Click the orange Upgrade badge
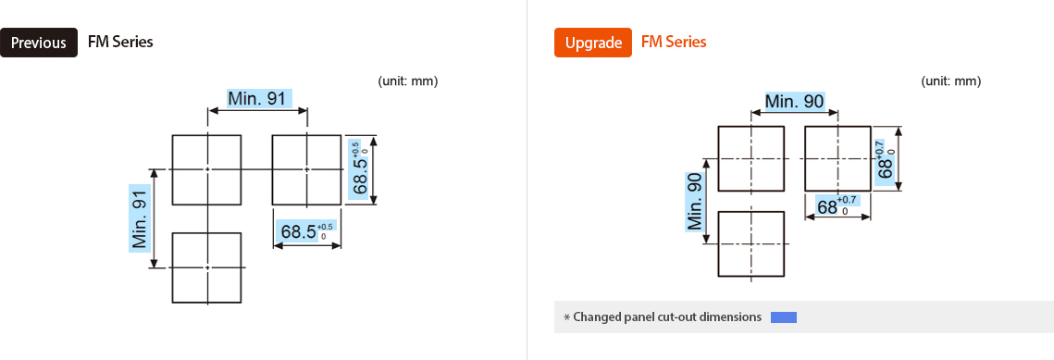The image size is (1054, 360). pyautogui.click(x=592, y=43)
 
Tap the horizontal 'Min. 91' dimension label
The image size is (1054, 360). pyautogui.click(x=258, y=99)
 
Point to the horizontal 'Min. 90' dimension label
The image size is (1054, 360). pyautogui.click(x=794, y=101)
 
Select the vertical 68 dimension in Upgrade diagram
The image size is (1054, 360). pyautogui.click(x=887, y=155)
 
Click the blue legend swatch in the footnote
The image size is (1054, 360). pyautogui.click(x=783, y=317)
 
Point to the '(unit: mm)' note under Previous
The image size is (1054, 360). pyautogui.click(x=407, y=81)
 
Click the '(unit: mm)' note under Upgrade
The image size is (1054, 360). pyautogui.click(x=950, y=81)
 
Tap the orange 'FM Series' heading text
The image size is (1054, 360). pyautogui.click(x=674, y=42)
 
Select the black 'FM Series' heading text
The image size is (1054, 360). pyautogui.click(x=120, y=42)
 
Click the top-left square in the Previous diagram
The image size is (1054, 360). pyautogui.click(x=207, y=169)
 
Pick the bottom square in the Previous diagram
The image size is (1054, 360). pyautogui.click(x=207, y=267)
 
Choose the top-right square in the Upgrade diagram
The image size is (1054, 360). pyautogui.click(x=838, y=158)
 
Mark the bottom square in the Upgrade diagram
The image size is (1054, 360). pyautogui.click(x=751, y=243)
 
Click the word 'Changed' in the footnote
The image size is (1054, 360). pyautogui.click(x=595, y=317)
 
